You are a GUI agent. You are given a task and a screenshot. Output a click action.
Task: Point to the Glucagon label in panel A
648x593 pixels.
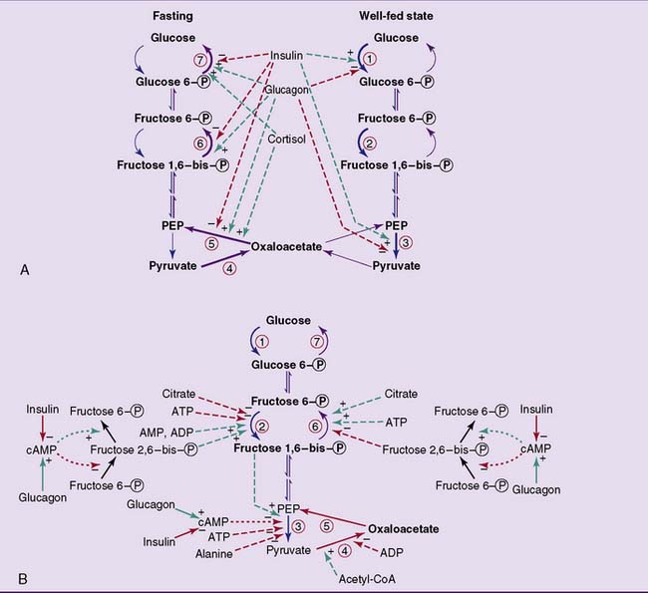click(x=284, y=89)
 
